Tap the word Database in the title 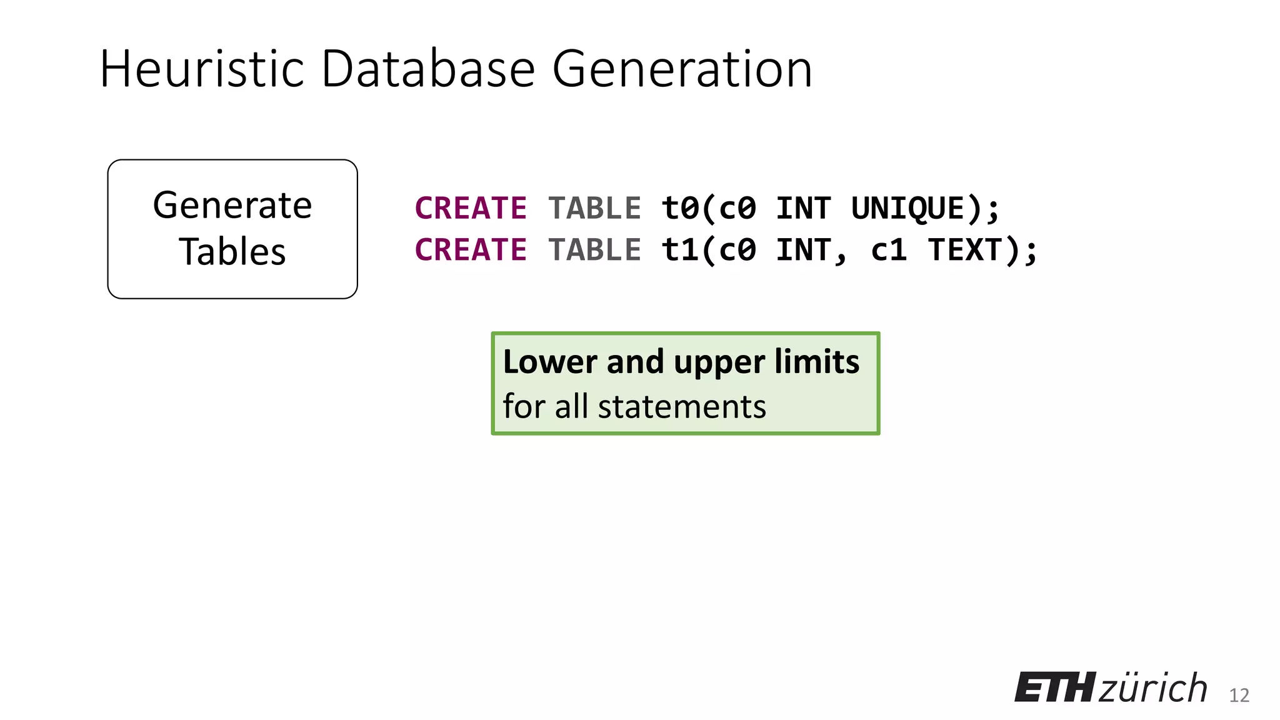(x=428, y=69)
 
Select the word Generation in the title (x=682, y=69)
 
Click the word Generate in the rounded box (x=232, y=206)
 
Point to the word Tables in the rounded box (x=232, y=252)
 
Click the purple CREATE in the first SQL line (x=471, y=208)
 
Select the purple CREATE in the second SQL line (x=471, y=250)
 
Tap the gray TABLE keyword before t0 (x=594, y=208)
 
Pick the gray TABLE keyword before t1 (x=594, y=250)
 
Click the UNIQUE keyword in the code (x=908, y=208)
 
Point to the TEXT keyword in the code (x=966, y=250)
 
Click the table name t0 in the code (x=679, y=208)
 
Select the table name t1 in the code (x=679, y=250)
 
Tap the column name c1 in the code (x=889, y=250)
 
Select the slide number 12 (x=1239, y=696)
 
